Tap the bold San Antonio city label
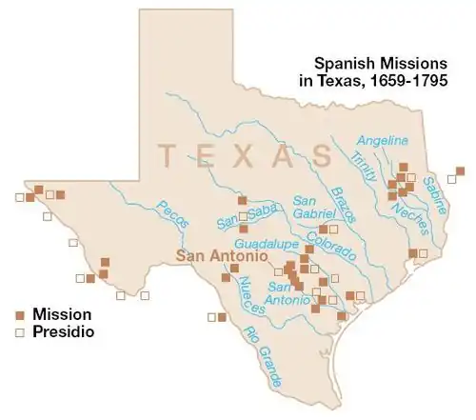[x=215, y=256]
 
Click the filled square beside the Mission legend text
[x=20, y=314]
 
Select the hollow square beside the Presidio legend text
[x=20, y=332]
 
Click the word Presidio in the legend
[x=63, y=332]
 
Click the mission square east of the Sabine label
[x=461, y=171]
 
